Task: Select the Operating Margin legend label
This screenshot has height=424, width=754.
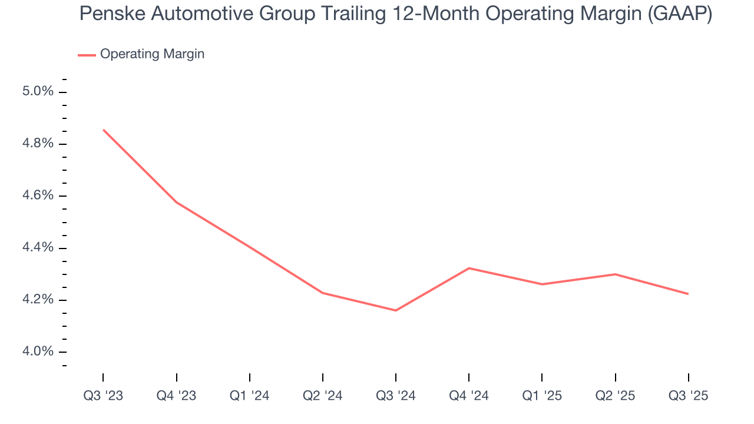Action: point(152,54)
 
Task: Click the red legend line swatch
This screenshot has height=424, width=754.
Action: point(87,55)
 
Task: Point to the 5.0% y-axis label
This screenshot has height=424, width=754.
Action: point(38,92)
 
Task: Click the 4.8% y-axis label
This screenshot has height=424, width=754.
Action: point(38,144)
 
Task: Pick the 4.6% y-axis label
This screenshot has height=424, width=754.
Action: point(38,196)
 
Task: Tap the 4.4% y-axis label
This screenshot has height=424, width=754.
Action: point(38,248)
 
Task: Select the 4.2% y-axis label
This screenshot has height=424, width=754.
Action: point(38,300)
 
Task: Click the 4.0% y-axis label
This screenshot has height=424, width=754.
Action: point(38,352)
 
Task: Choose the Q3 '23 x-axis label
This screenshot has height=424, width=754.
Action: point(103,396)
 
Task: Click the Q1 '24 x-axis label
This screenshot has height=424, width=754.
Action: point(250,396)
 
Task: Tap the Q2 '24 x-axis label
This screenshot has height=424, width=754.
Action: point(323,396)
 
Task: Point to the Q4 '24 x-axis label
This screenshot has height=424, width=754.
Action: point(469,396)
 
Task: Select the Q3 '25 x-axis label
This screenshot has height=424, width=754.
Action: point(688,396)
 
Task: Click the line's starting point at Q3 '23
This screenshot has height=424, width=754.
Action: point(103,130)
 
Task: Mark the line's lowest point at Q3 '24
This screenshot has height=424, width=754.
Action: point(396,310)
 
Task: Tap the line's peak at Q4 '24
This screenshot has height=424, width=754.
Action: point(469,268)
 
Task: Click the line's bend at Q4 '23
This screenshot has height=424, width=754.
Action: point(177,202)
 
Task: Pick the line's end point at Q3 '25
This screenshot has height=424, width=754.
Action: point(688,294)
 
